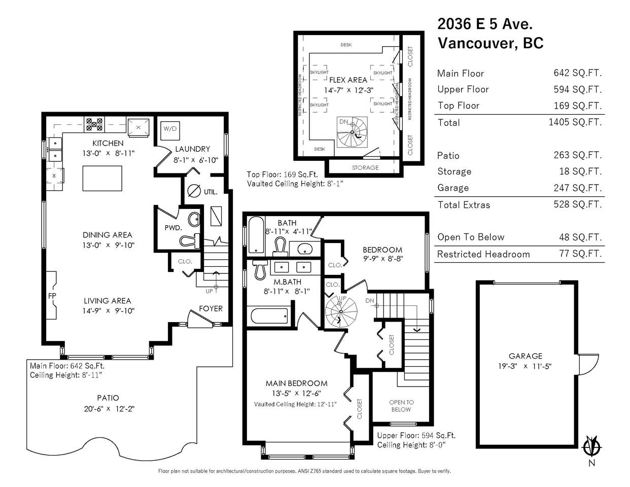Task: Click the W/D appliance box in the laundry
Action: (x=170, y=131)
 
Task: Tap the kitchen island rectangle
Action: (x=102, y=178)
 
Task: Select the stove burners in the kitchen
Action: (x=94, y=124)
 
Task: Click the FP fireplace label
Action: (x=52, y=296)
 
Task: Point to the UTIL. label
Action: (x=211, y=192)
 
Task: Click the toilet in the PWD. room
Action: (x=189, y=240)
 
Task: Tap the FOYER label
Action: (x=211, y=309)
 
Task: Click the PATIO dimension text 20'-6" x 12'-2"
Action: (x=109, y=409)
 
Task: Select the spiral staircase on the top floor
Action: (x=352, y=132)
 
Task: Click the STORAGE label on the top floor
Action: (x=365, y=167)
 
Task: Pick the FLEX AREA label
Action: (x=348, y=80)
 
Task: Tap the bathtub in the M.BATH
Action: (x=269, y=316)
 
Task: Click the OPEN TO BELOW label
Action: (x=401, y=406)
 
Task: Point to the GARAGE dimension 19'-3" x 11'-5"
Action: (x=525, y=366)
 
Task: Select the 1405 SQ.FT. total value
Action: (x=575, y=122)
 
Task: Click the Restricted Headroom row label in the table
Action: (x=483, y=254)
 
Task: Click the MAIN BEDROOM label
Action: (x=297, y=384)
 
